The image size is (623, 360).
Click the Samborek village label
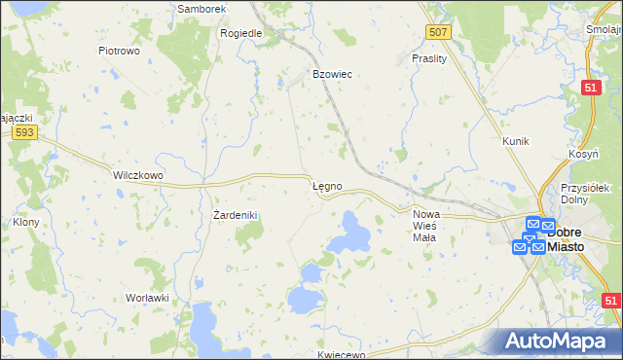click(202, 9)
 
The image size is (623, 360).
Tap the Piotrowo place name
click(121, 50)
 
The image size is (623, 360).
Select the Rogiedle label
click(241, 32)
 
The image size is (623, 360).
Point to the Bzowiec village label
click(331, 74)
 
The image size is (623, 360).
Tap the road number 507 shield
click(439, 33)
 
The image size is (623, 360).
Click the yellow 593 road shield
click(25, 132)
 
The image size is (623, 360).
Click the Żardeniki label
click(234, 215)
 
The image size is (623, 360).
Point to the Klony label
click(25, 222)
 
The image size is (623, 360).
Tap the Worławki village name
click(148, 298)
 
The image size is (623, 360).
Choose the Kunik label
click(515, 141)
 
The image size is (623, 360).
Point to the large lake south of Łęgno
click(348, 234)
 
